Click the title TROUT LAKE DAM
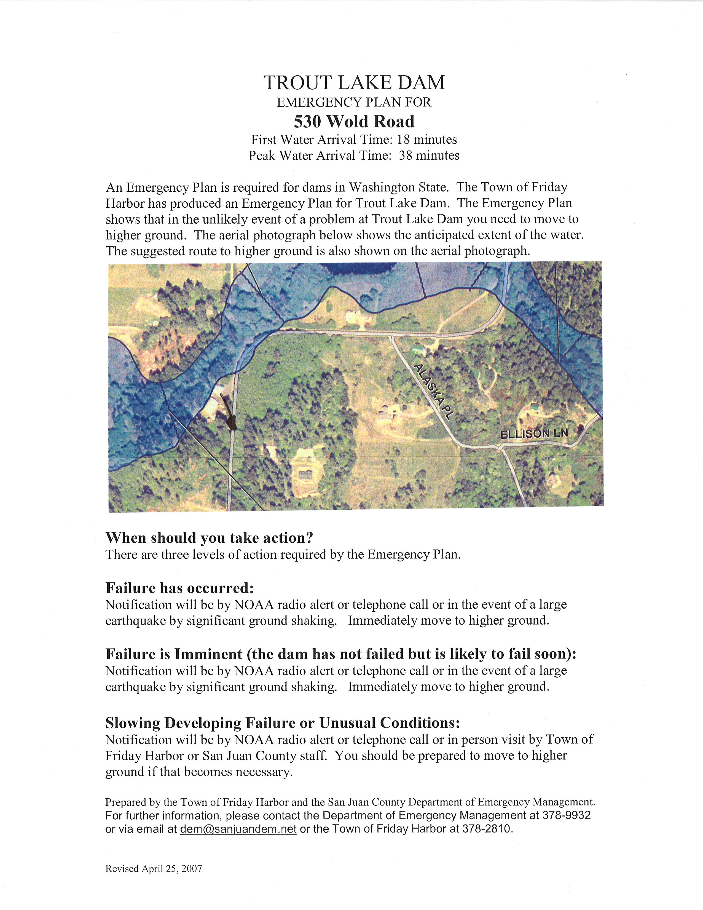354,82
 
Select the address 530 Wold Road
354,122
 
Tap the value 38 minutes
429,156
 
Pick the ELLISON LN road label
534,433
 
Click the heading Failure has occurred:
179,588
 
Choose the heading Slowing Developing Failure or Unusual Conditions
282,722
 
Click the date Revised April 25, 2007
154,869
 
